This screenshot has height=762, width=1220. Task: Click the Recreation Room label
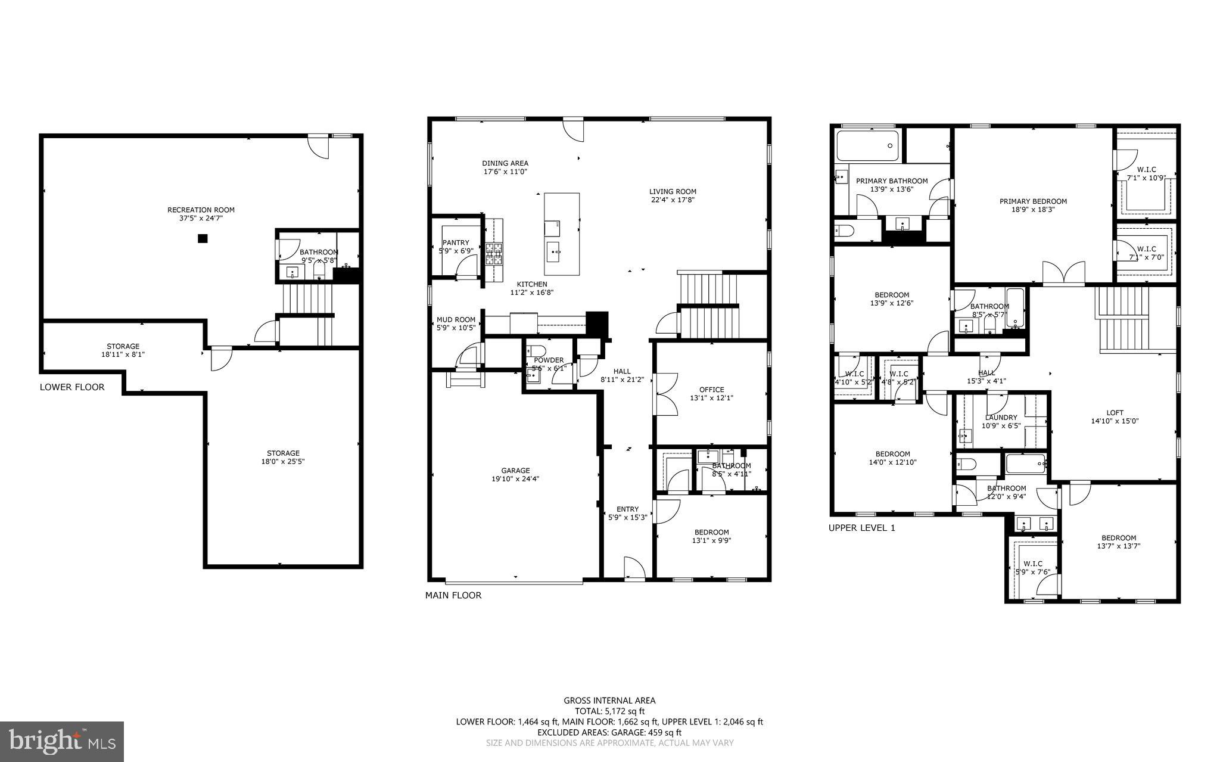coord(201,210)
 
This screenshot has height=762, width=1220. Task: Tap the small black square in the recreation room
coord(203,238)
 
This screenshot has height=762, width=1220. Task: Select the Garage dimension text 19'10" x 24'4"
coord(515,479)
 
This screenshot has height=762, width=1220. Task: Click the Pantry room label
coord(456,242)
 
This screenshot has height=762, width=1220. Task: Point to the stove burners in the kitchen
coord(494,254)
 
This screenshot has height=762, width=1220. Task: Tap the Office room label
coord(711,390)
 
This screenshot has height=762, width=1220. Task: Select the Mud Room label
coord(456,319)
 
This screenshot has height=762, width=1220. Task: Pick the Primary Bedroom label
coord(1033,201)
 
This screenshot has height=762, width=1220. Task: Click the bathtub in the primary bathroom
coord(867,145)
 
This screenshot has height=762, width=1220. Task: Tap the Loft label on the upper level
coord(1115,412)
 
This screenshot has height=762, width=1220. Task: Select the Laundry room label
coord(1001,418)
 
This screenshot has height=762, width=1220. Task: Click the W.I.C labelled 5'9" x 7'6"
coord(1033,567)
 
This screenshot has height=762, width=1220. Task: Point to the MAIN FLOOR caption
coord(453,595)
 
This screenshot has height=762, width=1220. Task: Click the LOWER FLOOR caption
coord(72,387)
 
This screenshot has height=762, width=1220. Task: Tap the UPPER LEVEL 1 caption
coord(861,528)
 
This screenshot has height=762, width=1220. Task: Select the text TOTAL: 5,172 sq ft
coord(609,711)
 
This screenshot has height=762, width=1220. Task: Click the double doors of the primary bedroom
coord(1064,273)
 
